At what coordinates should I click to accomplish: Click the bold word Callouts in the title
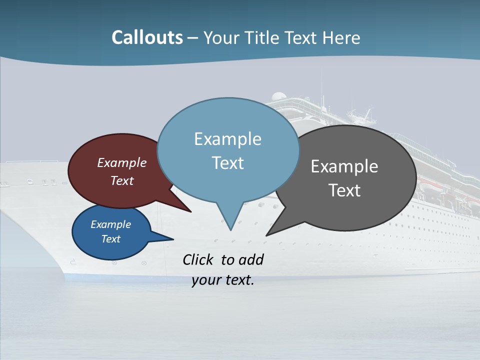(147, 38)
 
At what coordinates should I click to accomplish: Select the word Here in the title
(342, 38)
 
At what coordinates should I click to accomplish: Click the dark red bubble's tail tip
(190, 211)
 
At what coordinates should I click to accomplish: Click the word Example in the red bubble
(121, 162)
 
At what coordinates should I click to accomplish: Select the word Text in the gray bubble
(344, 190)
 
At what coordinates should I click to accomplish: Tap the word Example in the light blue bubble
(227, 139)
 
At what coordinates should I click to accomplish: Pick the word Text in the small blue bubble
(110, 239)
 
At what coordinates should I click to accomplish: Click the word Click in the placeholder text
(199, 259)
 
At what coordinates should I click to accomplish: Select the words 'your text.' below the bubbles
(223, 280)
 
